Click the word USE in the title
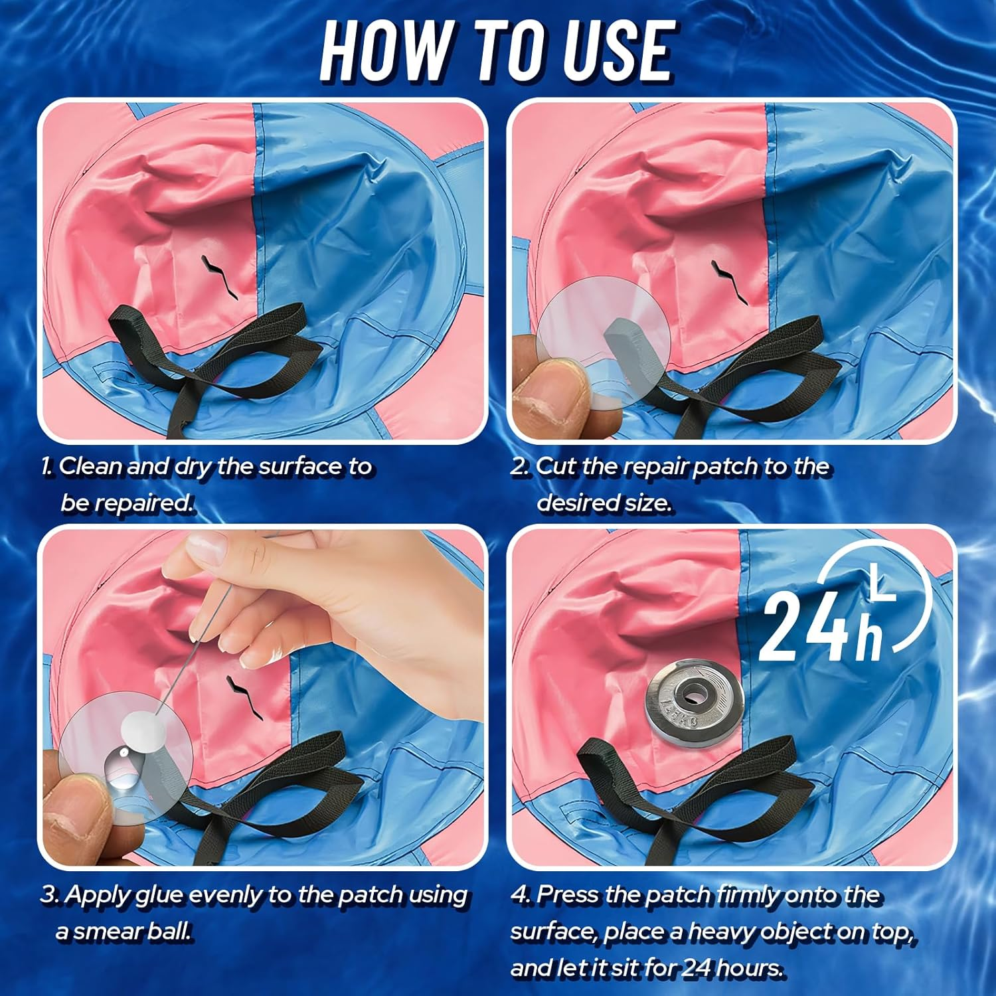(618, 51)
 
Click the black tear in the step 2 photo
(730, 283)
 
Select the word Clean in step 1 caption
(90, 466)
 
